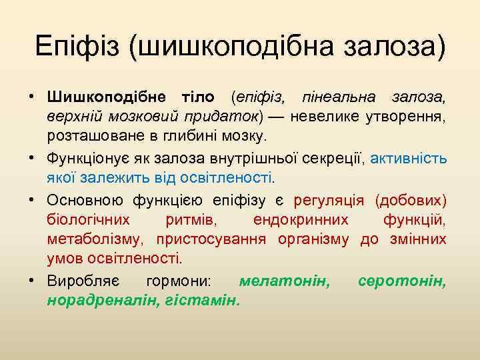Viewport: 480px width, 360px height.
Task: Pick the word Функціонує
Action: [89, 160]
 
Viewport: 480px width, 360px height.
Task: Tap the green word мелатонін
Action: [284, 281]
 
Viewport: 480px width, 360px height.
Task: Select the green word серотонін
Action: [402, 281]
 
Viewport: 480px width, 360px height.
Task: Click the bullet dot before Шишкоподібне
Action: [31, 98]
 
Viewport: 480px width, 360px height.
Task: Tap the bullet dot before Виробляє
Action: [31, 281]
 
